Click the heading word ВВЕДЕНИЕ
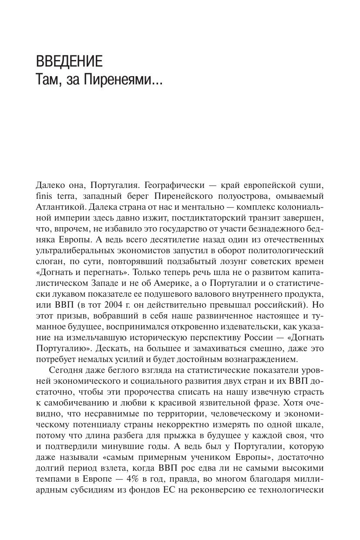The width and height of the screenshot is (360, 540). point(69,61)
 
